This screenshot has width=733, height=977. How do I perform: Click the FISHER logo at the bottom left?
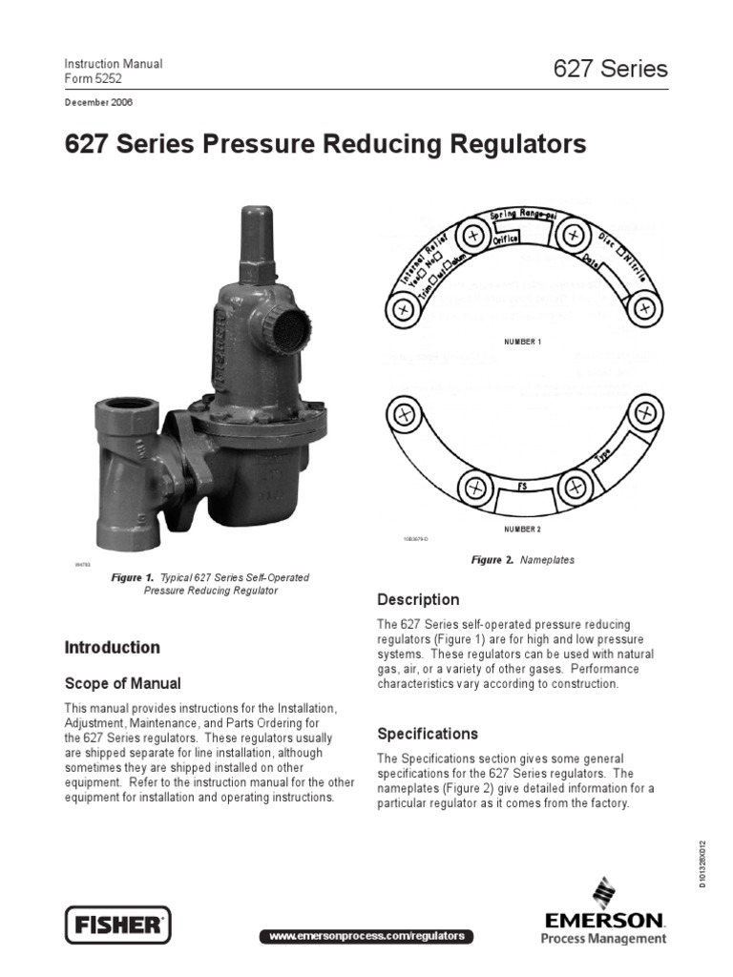116,925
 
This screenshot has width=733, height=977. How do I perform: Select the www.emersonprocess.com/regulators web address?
366,936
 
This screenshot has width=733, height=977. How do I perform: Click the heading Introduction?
112,648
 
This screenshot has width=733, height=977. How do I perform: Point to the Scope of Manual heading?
122,683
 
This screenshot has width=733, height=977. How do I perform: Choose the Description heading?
418,599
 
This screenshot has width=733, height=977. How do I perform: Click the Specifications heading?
428,734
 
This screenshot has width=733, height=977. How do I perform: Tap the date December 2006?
99,102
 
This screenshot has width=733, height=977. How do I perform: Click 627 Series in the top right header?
610,69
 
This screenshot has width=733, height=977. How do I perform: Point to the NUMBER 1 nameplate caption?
522,341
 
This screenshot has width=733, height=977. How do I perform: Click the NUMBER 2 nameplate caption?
522,528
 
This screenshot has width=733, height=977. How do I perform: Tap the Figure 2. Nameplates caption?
523,560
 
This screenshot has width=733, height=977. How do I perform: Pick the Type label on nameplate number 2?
604,457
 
